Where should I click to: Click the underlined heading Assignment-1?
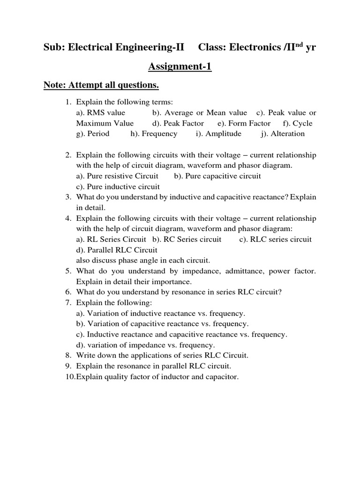pos(180,67)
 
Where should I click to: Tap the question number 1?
pos(67,101)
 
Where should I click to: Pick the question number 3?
pos(67,197)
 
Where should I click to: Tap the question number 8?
pos(67,355)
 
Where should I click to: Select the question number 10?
pos(69,376)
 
